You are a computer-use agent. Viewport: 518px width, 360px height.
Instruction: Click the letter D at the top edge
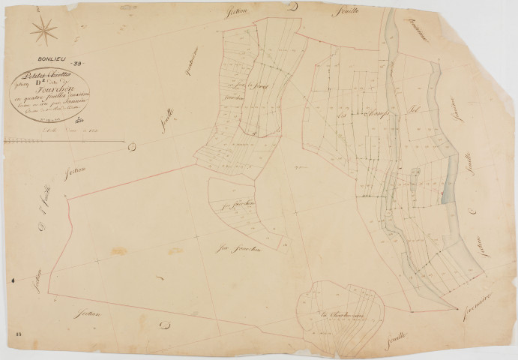tap(293, 7)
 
